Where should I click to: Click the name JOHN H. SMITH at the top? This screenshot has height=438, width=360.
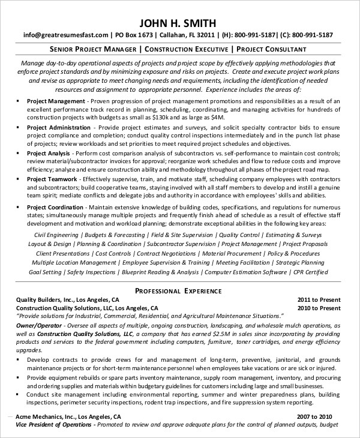(180, 23)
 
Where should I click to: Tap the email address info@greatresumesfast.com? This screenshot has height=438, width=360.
(58, 35)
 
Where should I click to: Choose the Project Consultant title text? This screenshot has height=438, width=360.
(271, 49)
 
